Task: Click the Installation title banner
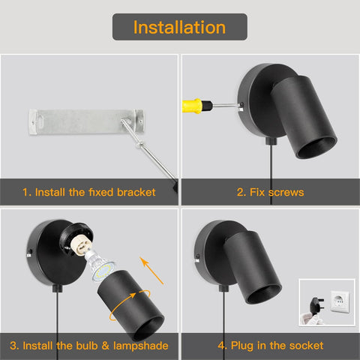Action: [x=180, y=28]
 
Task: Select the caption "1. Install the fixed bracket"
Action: [x=89, y=193]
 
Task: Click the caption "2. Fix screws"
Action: [x=270, y=193]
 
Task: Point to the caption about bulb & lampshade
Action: [x=89, y=346]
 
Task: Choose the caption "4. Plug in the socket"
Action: [x=270, y=346]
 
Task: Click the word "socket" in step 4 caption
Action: [x=306, y=346]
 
